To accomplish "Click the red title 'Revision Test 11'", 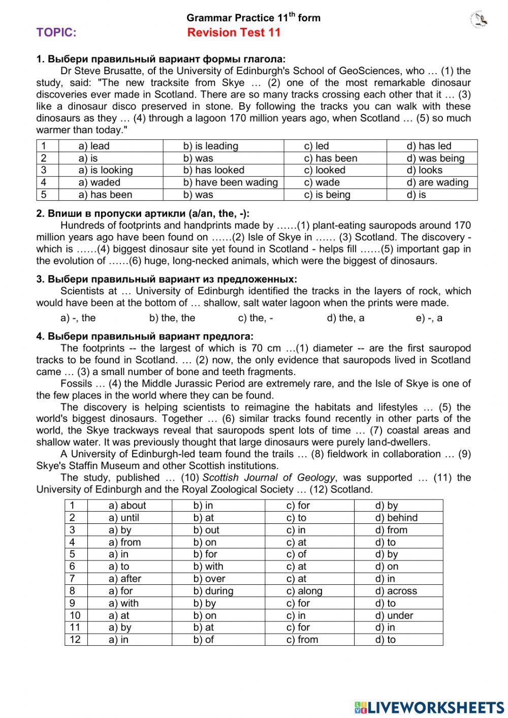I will point(234,33).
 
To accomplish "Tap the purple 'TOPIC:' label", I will point(56,33).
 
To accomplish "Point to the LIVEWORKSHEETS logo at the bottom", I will point(429,707).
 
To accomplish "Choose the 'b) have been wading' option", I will point(230,182).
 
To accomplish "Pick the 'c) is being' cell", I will point(327,195).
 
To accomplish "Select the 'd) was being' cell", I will point(435,158).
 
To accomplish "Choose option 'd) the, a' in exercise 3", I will point(345,318).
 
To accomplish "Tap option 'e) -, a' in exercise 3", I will point(429,318).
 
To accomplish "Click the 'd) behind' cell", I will point(396,518).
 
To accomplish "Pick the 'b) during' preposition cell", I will point(213,591).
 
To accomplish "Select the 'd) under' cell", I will point(394,615).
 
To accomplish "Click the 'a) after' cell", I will point(125,579).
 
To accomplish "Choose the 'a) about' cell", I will point(127,506).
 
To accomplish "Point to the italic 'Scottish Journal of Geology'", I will point(269,478).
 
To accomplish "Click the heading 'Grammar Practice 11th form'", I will point(253,18).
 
